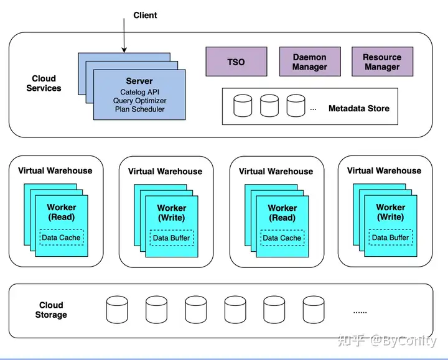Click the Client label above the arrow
[145, 15]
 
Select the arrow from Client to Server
[124, 38]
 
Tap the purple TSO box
[236, 62]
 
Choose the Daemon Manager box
[309, 62]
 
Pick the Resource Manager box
[382, 62]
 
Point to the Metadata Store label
[359, 108]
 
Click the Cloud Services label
[44, 83]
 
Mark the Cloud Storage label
[51, 310]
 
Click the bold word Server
[139, 81]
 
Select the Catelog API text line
[139, 92]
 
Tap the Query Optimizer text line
[139, 101]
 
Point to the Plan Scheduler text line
[139, 109]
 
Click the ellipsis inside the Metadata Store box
[313, 109]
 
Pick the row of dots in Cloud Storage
[360, 312]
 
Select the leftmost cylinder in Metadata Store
[243, 106]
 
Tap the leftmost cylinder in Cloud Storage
[116, 309]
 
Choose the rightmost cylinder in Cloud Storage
[313, 309]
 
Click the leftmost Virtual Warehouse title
[55, 170]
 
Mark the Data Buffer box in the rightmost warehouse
[390, 238]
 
